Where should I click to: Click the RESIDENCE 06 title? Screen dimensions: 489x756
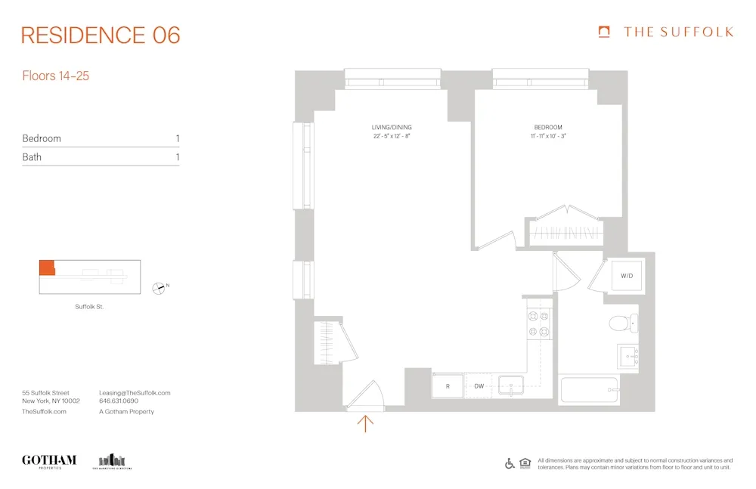point(101,35)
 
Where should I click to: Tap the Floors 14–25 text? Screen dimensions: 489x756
point(56,76)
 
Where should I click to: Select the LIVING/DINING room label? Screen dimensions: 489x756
point(392,127)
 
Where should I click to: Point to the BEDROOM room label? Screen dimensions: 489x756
point(547,127)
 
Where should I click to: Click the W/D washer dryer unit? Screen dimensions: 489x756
point(626,276)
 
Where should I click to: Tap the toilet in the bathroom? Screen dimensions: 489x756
point(621,324)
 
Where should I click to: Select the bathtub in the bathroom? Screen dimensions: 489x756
point(589,390)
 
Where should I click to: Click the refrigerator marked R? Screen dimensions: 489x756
point(448,385)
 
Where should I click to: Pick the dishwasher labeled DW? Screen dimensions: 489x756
point(479,385)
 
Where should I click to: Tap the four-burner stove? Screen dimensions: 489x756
point(538,323)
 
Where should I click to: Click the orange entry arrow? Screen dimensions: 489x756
point(365,423)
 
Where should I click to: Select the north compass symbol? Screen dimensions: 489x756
point(159,287)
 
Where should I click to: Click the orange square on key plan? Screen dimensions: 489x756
point(47,268)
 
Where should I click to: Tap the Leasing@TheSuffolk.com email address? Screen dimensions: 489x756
point(135,393)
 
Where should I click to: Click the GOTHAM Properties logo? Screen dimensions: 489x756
point(49,460)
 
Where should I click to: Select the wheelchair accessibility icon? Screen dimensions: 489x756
point(510,463)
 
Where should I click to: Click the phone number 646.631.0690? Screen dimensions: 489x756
point(119,402)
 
